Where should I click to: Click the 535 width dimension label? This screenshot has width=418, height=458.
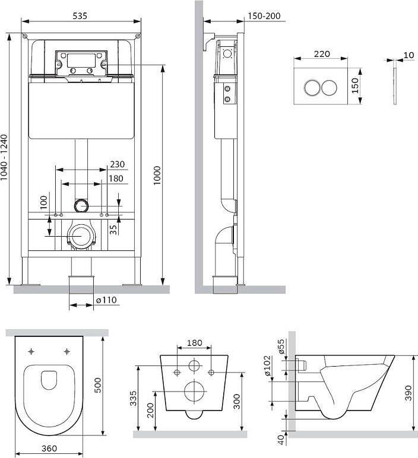(x=80, y=15)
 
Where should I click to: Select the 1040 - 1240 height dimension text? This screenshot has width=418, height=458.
(x=4, y=157)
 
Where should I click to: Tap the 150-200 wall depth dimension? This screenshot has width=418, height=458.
(x=264, y=16)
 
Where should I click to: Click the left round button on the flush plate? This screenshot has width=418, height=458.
(x=312, y=87)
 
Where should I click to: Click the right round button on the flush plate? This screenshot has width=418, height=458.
(x=330, y=87)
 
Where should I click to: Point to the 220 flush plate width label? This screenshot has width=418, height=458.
(x=322, y=54)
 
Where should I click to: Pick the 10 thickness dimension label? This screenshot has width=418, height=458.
(x=409, y=55)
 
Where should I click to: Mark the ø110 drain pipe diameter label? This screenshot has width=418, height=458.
(x=106, y=300)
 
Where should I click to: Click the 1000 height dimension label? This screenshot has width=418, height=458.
(x=157, y=175)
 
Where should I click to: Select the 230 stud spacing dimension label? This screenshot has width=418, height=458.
(x=117, y=164)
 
